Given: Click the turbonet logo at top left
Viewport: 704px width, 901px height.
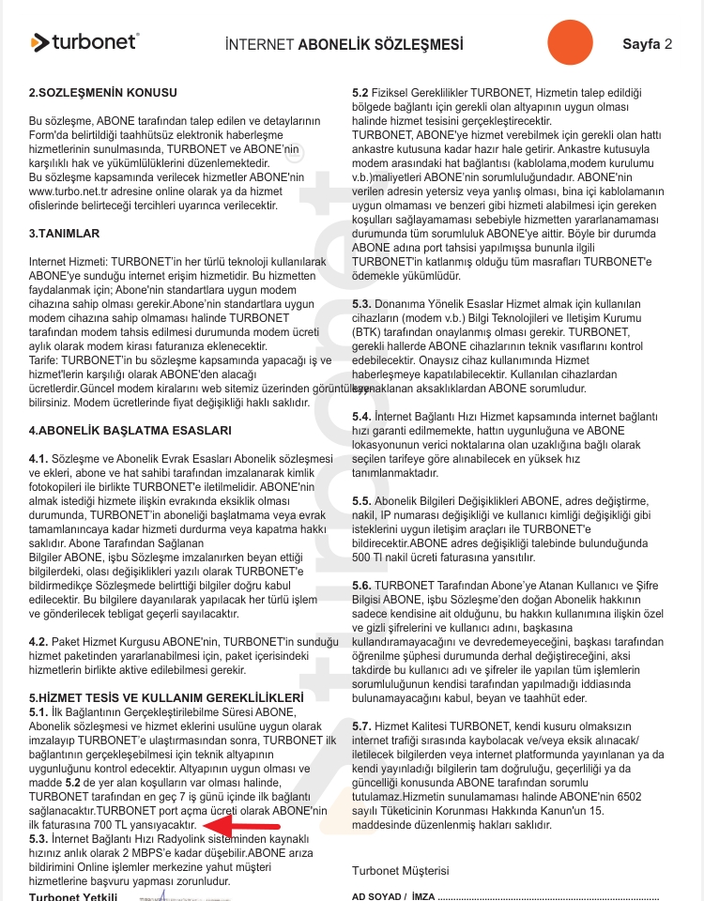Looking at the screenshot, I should click(84, 41).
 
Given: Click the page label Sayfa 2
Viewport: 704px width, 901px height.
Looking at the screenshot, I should click(648, 44).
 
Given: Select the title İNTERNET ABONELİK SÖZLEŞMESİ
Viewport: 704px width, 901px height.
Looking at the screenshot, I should click(344, 45).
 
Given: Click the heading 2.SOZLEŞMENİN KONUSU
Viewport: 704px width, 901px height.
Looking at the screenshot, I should click(103, 93).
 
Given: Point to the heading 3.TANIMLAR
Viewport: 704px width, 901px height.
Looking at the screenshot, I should click(64, 233).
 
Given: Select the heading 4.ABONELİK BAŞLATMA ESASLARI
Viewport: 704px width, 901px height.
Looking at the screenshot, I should click(116, 430).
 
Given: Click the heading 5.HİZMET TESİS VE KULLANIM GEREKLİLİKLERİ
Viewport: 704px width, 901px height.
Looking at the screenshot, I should click(166, 697).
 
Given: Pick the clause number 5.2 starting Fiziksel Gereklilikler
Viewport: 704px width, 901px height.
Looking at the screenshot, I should click(361, 93).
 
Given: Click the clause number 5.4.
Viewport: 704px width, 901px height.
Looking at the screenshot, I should click(362, 416).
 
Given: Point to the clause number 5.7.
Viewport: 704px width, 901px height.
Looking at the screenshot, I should click(362, 725).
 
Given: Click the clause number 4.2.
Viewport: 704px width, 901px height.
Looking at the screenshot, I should click(38, 640).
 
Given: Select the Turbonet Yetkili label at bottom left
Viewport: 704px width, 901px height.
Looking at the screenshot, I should click(74, 896).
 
